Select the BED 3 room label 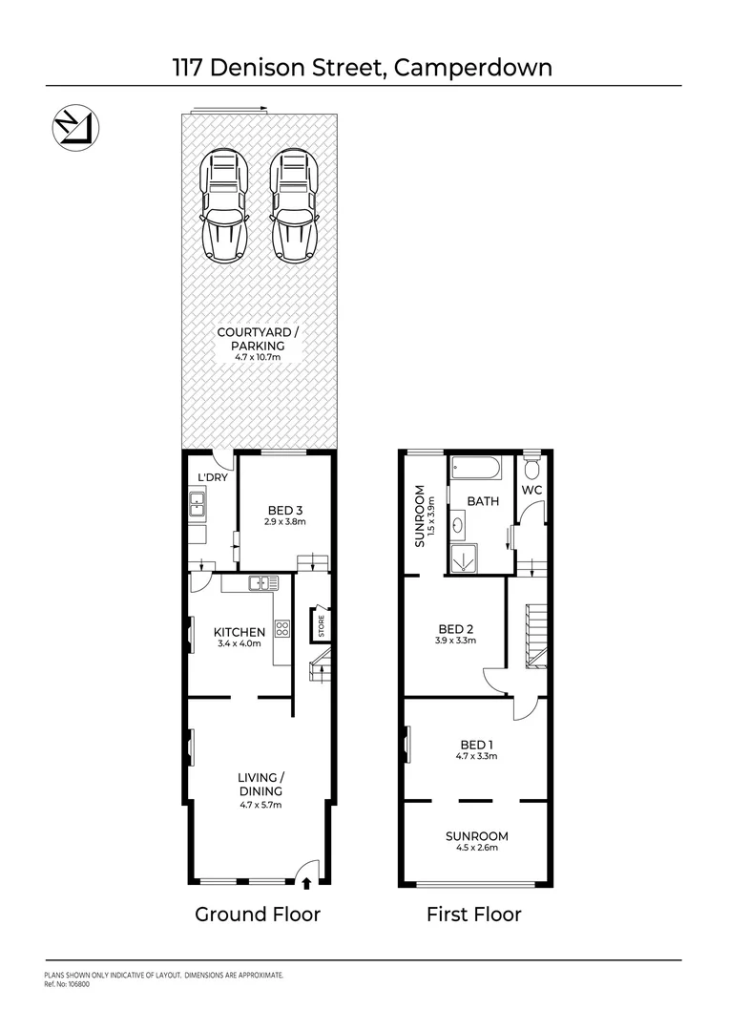(284, 512)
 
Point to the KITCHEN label (239, 632)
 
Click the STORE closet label (322, 626)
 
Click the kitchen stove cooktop (282, 628)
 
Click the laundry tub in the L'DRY (198, 503)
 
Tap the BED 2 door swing (494, 681)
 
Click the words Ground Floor (258, 915)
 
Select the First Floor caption (474, 915)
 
